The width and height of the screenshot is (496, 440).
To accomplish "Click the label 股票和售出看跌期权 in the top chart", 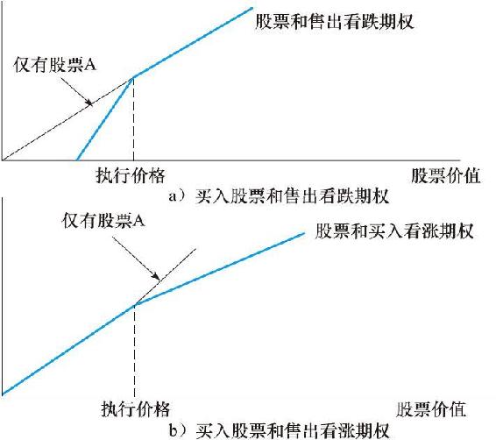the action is coord(335,22).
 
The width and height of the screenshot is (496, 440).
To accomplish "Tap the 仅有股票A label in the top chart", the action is coord(54,65).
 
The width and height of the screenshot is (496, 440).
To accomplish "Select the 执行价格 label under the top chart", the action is coord(131,175).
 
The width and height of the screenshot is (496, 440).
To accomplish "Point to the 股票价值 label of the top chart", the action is coord(446,175).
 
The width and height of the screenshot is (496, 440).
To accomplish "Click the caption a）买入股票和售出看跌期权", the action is coord(279,196).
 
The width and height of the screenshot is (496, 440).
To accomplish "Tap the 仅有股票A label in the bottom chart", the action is coord(103,220).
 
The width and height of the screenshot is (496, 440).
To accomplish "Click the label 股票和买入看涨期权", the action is coord(394,231).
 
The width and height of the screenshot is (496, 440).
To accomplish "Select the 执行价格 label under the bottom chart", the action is coord(136,408).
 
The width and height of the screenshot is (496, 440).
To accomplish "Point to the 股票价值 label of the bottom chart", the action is coord(431,409).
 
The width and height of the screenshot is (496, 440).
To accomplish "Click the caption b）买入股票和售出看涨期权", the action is coord(279,430).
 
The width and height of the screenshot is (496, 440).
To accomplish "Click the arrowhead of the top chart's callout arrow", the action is coord(90,103).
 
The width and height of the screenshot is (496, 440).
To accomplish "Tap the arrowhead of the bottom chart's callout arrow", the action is coord(157,277).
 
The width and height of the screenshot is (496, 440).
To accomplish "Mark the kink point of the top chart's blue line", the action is coord(133,77).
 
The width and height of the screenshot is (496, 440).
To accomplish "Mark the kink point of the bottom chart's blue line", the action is coord(135,304).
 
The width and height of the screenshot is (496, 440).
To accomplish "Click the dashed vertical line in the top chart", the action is coord(133,119).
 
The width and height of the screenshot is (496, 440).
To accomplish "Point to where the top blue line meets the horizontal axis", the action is coord(77,160).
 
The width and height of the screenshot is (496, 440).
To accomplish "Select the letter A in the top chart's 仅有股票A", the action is coord(91,65).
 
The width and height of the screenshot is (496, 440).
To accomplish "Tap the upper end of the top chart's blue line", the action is coord(252,8).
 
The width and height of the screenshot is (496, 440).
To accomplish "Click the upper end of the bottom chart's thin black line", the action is coord(196,249).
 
